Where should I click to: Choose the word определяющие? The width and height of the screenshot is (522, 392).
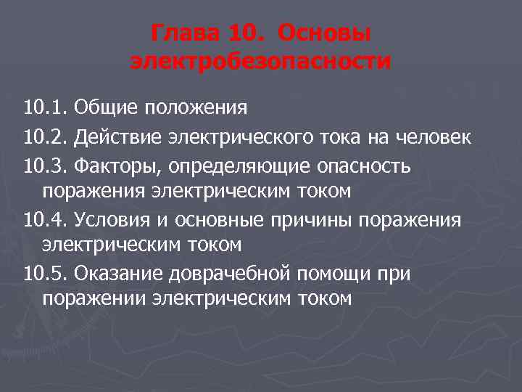[240, 166]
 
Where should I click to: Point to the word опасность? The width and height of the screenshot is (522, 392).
[365, 166]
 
